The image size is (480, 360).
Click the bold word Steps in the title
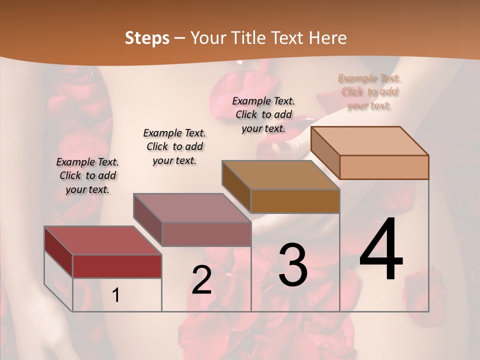coord(147,38)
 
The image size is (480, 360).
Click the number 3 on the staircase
coord(292,265)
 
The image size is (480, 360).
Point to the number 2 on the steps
coord(201,280)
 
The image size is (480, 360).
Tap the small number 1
coord(116,295)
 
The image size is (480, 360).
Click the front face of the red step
coord(117,266)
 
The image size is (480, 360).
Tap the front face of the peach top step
coord(384,167)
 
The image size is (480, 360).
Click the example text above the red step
coord(87,175)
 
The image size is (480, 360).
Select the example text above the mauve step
coord(174,146)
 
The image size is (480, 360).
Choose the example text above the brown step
coord(263,114)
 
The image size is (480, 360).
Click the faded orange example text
coord(369,91)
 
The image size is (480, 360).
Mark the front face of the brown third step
coord(295,201)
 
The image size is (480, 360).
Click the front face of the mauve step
coord(206,234)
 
